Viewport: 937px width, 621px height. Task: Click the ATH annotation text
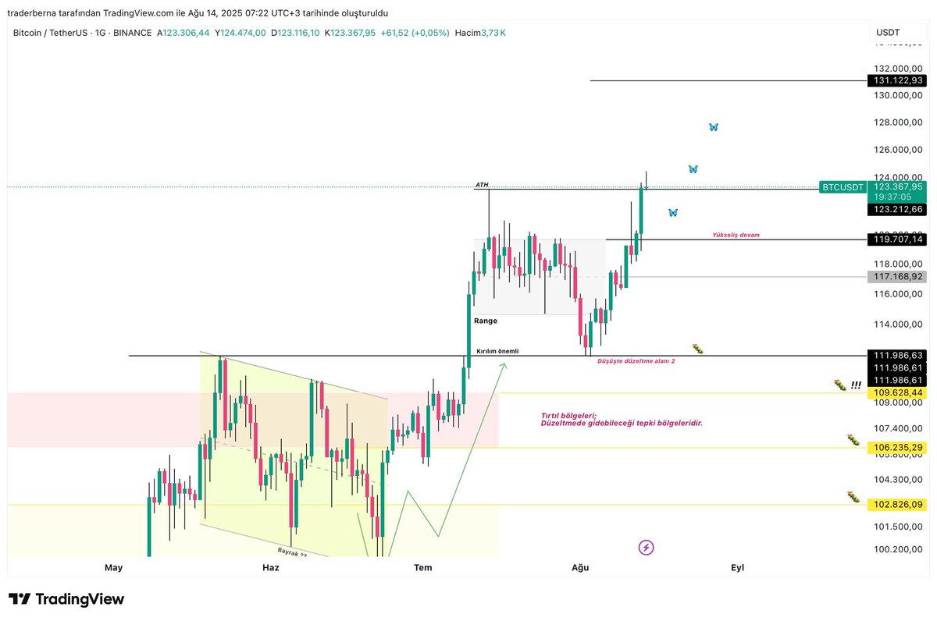coord(482,185)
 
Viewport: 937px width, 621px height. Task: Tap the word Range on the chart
coord(485,321)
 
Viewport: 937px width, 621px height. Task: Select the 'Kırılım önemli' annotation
coord(497,351)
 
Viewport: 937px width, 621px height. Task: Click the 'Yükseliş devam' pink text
coord(736,235)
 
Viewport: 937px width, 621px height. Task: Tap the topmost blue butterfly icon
coord(713,127)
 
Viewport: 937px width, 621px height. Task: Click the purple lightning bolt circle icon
coord(646,548)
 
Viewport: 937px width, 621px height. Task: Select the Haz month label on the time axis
coord(270,568)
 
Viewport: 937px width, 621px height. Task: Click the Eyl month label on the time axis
coord(737,568)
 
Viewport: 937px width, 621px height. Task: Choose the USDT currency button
coord(888,33)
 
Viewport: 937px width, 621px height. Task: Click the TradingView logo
coord(67,599)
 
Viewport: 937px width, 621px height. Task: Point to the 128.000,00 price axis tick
coord(899,122)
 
